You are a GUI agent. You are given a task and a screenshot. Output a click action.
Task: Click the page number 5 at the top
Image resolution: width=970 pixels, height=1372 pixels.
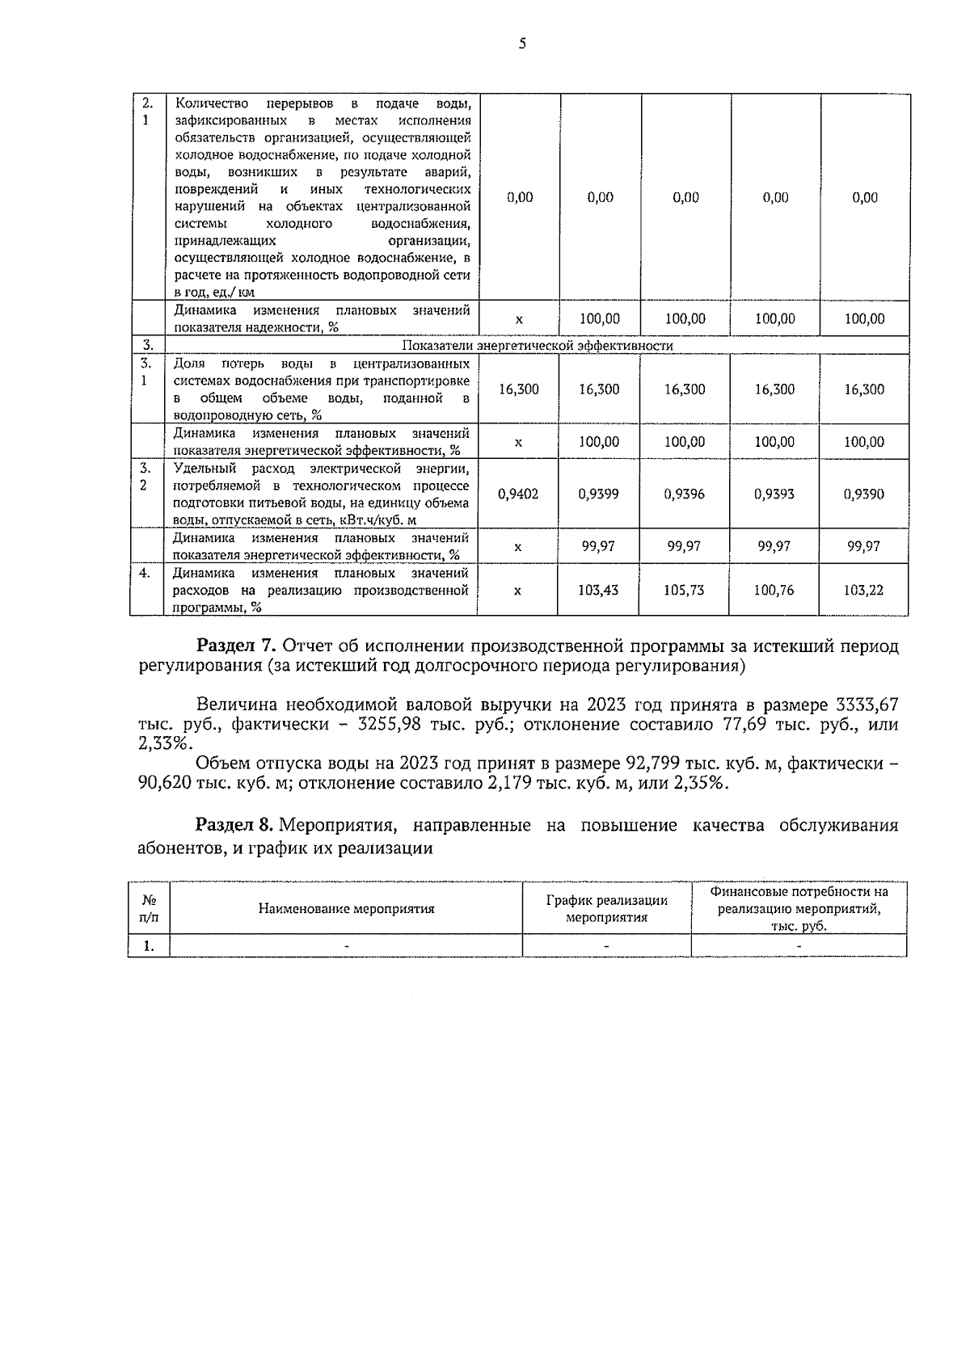(x=522, y=44)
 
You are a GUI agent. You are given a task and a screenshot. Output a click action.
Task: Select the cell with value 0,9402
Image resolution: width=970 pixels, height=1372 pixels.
(x=518, y=494)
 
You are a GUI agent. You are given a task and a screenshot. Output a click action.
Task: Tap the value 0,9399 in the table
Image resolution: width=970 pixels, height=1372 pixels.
(x=599, y=494)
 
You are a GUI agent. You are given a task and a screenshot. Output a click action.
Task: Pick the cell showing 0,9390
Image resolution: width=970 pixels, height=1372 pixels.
(x=864, y=494)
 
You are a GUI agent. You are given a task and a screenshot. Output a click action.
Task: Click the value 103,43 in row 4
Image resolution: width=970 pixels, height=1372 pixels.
(x=598, y=591)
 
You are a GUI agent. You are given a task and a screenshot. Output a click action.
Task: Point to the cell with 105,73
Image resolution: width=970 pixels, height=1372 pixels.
(x=684, y=591)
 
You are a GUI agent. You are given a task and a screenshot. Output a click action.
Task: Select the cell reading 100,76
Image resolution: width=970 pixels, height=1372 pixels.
(x=774, y=591)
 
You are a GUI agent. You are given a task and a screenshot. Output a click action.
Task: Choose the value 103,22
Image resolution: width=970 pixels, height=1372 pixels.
(x=863, y=591)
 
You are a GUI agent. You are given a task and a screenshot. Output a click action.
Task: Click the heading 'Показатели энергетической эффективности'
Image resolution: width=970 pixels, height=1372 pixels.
(x=538, y=346)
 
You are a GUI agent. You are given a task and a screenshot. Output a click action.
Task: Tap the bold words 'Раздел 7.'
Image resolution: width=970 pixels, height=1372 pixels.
(x=237, y=646)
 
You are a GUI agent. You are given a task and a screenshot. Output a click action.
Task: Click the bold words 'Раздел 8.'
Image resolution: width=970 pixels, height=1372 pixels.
(x=237, y=826)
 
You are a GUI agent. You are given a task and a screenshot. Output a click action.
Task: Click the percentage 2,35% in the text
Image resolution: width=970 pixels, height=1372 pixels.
(x=702, y=783)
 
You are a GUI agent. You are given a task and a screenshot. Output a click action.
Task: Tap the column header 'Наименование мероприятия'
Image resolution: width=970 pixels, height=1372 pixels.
(x=346, y=908)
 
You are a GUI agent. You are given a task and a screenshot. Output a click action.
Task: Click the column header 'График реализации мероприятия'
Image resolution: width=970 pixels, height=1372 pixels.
(x=606, y=909)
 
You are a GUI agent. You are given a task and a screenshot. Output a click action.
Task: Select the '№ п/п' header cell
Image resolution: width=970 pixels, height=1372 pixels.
(x=149, y=908)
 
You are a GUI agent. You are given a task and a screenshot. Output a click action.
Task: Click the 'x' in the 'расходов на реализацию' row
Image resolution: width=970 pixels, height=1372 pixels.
(x=517, y=591)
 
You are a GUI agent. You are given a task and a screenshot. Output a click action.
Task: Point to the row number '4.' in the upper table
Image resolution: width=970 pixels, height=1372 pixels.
(x=145, y=573)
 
